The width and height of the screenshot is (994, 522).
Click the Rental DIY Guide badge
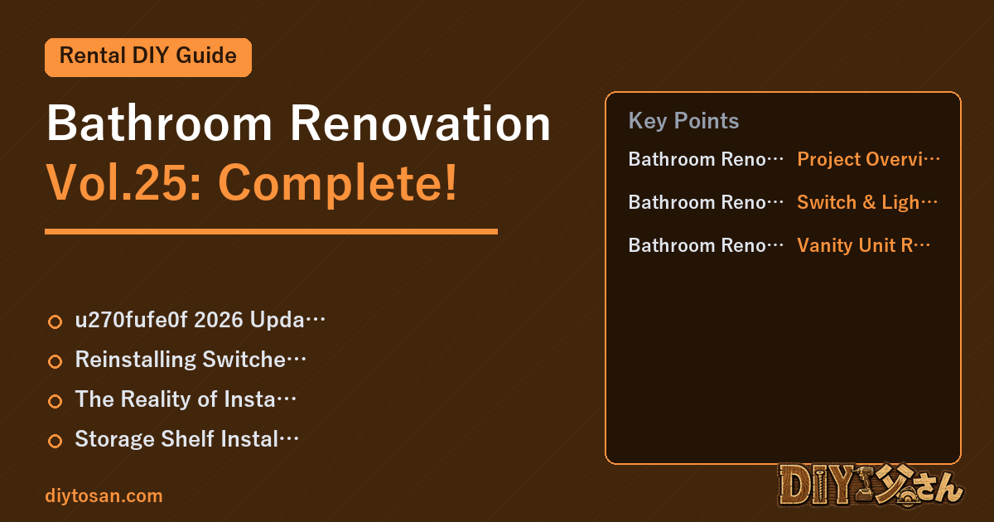pyautogui.click(x=148, y=57)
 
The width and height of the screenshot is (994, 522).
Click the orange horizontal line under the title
pyautogui.click(x=271, y=231)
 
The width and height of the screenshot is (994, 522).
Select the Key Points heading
pyautogui.click(x=683, y=121)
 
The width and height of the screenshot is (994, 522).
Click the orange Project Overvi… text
pyautogui.click(x=868, y=159)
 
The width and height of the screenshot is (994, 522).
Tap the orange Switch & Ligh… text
pyautogui.click(x=867, y=202)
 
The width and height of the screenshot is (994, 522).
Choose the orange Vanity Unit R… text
pyautogui.click(x=863, y=245)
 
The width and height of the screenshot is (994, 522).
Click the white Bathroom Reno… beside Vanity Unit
pyautogui.click(x=706, y=245)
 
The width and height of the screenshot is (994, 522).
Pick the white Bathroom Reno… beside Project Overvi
pyautogui.click(x=706, y=159)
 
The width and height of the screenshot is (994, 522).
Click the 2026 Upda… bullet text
pyautogui.click(x=200, y=320)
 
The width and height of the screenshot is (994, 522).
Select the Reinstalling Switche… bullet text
pyautogui.click(x=191, y=359)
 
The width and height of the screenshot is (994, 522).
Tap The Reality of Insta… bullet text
pyautogui.click(x=186, y=399)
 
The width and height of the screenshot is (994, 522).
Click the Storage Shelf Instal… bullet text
pyautogui.click(x=187, y=438)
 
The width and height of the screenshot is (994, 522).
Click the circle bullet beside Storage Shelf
pyautogui.click(x=55, y=441)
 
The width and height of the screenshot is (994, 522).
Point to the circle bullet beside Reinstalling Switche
pyautogui.click(x=55, y=362)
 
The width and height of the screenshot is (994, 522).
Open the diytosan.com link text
pyautogui.click(x=104, y=495)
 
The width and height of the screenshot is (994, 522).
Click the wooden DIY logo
pyautogui.click(x=871, y=486)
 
